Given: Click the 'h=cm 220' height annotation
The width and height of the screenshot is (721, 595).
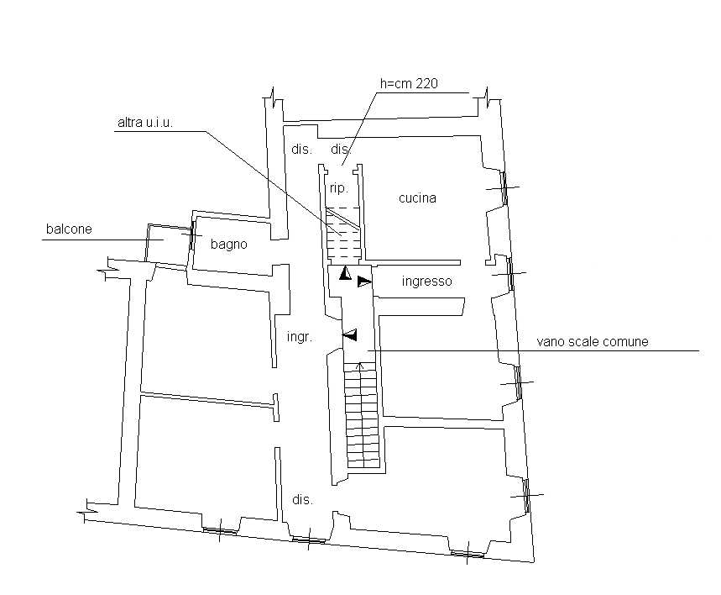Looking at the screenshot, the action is [x=409, y=83].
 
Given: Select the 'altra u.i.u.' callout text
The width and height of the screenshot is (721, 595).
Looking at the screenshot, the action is [x=145, y=123].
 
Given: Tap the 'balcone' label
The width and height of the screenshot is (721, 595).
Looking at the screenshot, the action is [x=69, y=229].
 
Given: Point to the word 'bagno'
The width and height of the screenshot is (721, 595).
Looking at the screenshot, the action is [x=228, y=244].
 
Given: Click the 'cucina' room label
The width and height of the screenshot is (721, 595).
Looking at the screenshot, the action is [x=417, y=198].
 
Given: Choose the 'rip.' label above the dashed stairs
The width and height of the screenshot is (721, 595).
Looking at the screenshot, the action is [x=339, y=188].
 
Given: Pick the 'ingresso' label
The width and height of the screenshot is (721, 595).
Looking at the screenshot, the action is [x=426, y=281].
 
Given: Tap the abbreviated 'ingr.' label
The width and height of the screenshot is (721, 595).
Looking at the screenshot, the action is [x=300, y=337].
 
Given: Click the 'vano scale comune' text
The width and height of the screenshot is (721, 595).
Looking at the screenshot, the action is [x=593, y=342].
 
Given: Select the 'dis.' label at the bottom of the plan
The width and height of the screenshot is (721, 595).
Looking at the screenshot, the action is [x=302, y=500].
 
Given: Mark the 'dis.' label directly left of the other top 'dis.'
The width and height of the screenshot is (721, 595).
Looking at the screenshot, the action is [x=301, y=150].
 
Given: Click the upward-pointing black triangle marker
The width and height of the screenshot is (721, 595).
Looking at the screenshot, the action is [x=345, y=273].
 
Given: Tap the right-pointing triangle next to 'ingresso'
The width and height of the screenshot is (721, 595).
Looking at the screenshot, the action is [x=364, y=282].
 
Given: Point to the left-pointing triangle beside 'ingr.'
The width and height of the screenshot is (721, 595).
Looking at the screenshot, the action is [x=350, y=334].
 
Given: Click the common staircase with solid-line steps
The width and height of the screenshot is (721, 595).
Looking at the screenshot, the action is [x=362, y=414].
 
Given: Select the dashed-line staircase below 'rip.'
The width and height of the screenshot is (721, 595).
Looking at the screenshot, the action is [x=343, y=234].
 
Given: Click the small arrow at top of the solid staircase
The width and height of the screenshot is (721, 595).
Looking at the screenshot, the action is [x=361, y=367].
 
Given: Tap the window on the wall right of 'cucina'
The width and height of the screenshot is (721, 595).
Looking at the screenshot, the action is [x=504, y=188].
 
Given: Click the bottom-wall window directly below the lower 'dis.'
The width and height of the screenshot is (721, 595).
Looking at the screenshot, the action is [x=309, y=540].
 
